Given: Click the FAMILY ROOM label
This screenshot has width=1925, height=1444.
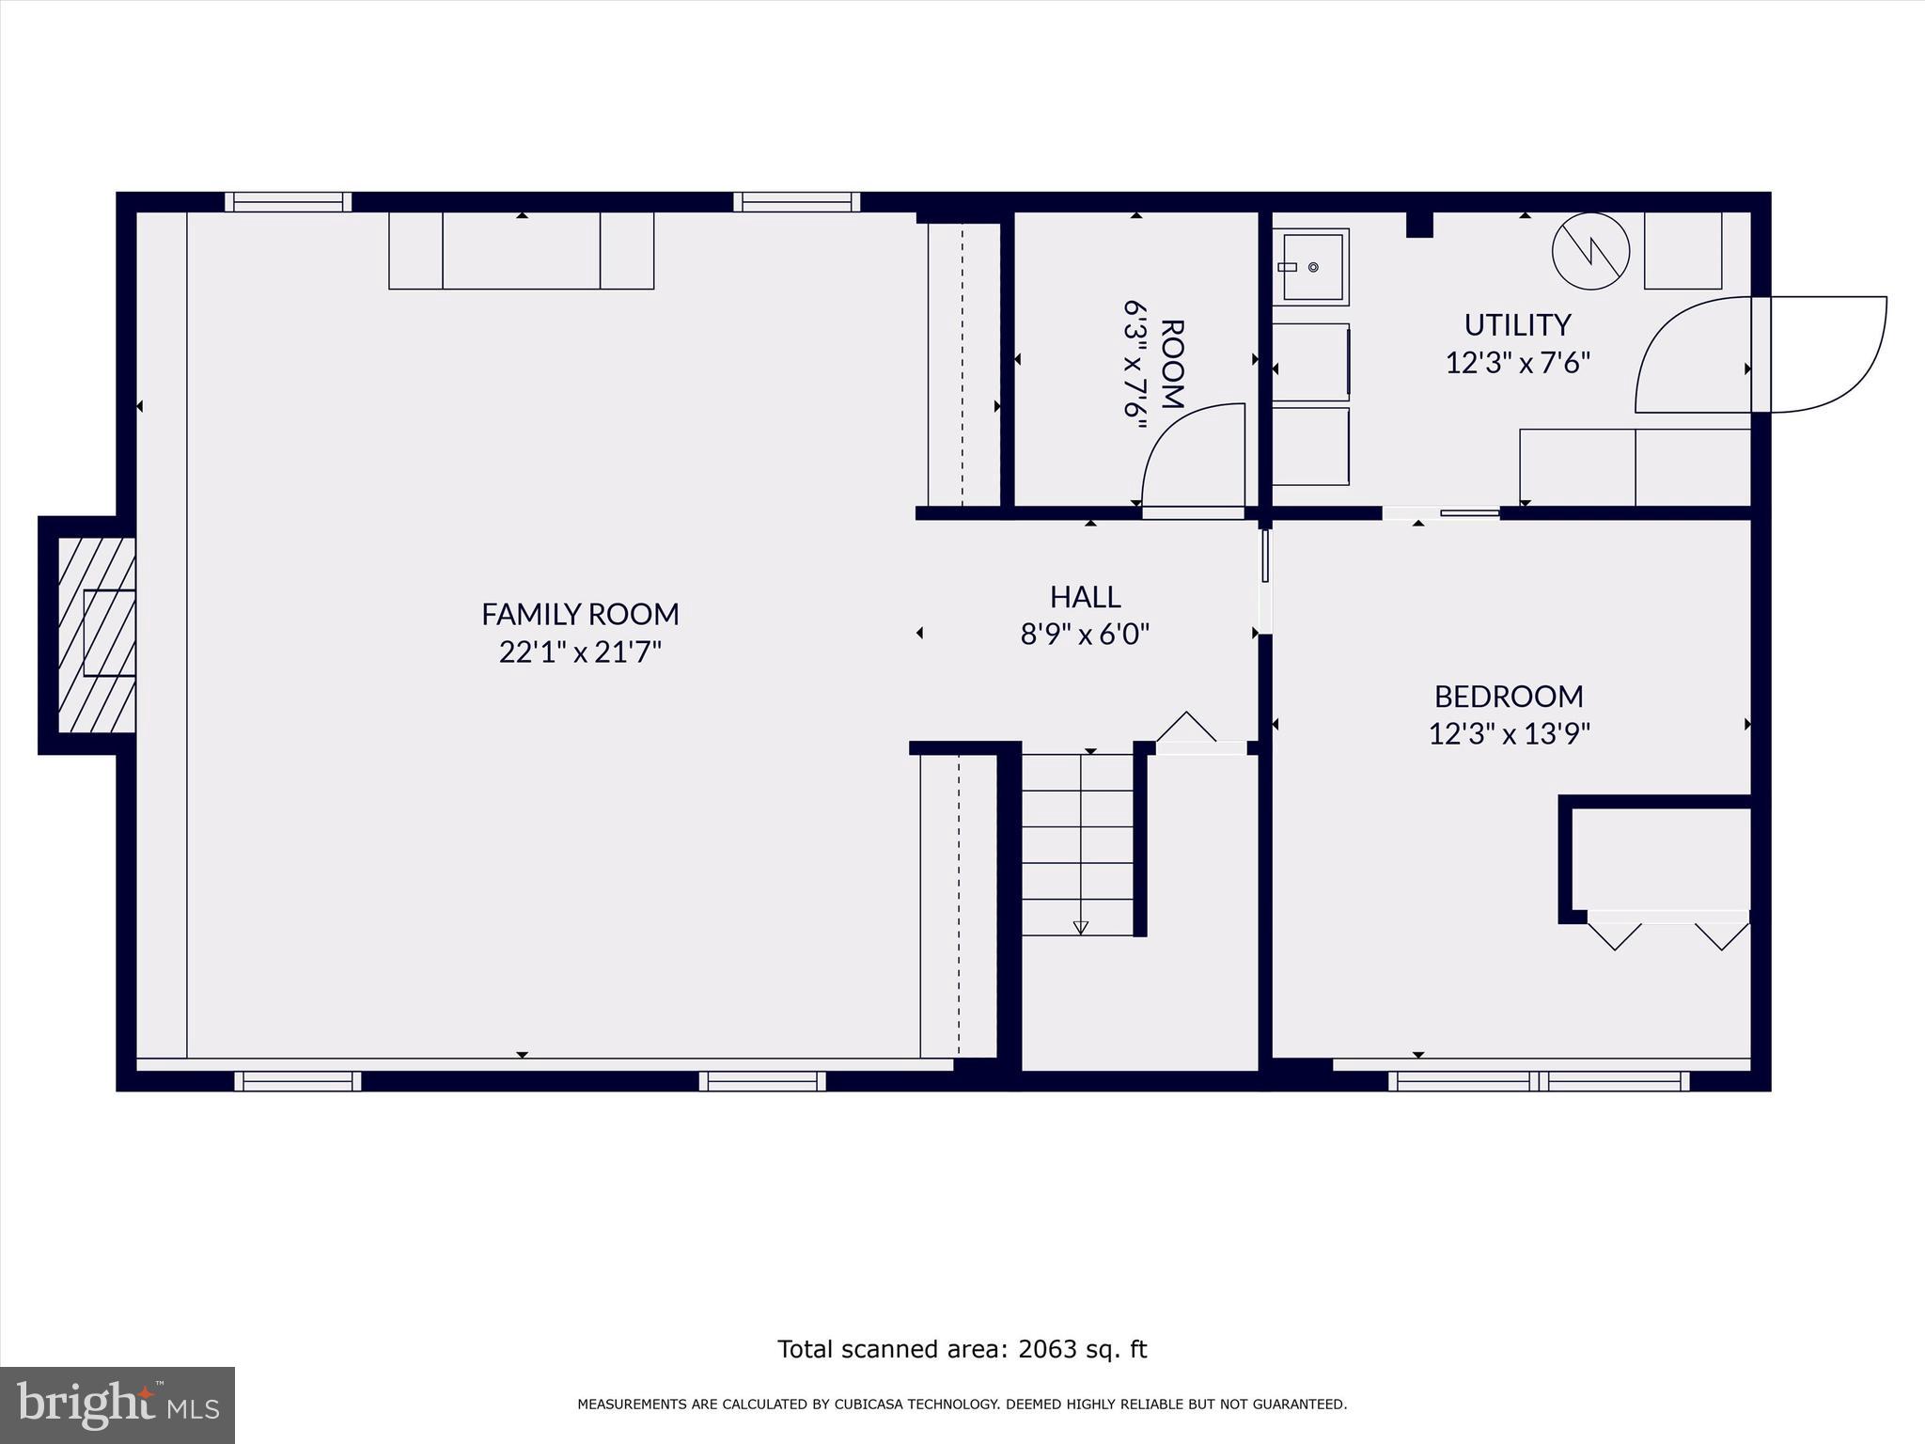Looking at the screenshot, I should click(580, 614).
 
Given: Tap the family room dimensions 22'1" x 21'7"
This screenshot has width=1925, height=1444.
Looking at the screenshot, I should click(580, 651).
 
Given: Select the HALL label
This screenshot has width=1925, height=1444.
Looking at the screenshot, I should click(1085, 597).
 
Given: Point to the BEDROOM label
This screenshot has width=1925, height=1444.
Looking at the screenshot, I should click(1508, 697).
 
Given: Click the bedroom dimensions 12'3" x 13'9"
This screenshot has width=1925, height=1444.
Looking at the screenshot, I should click(1509, 733).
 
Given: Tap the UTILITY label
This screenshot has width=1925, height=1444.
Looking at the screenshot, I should click(1517, 325).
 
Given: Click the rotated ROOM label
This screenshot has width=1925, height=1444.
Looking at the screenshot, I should click(1171, 364).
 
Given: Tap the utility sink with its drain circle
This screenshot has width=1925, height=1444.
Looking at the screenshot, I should click(1313, 267).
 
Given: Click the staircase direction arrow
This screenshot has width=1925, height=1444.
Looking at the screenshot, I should click(1080, 926).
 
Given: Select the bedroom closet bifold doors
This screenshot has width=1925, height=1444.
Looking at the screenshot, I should click(1667, 933).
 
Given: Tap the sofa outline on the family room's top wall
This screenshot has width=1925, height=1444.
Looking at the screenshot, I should click(521, 251).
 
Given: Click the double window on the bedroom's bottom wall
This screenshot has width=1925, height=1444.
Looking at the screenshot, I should click(1538, 1081).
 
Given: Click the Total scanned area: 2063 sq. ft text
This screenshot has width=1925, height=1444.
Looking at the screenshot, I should click(962, 1349).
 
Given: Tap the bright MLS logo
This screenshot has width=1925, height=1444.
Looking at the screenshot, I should click(117, 1405).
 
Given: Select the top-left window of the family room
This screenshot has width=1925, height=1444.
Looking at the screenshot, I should click(288, 201).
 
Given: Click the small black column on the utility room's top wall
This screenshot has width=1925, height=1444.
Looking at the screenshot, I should click(1418, 225).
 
